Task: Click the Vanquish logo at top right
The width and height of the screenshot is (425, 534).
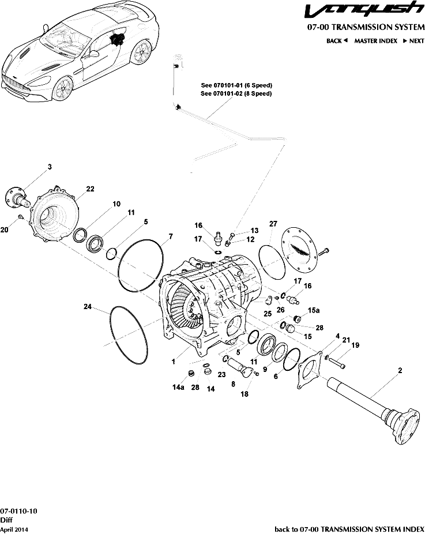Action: [x=363, y=11]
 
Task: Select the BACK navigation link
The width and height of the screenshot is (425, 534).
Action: [x=337, y=41]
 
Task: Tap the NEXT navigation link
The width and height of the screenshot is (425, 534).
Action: [x=413, y=41]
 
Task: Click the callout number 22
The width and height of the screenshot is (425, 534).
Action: [x=90, y=189]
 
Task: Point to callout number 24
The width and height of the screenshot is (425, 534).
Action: [x=88, y=307]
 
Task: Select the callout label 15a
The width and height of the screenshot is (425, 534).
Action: [x=313, y=310]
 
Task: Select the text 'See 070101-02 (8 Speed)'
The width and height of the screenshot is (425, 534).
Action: [x=236, y=93]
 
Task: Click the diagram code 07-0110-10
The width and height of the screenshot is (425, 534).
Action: [x=18, y=512]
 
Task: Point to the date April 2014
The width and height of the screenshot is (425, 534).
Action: [x=14, y=529]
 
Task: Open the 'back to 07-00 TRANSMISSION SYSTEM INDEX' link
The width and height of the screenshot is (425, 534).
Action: [x=349, y=529]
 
